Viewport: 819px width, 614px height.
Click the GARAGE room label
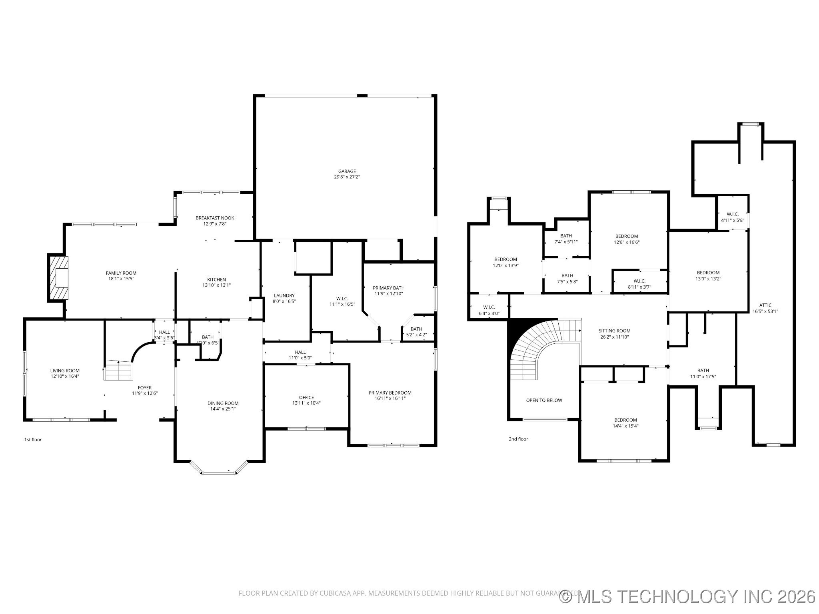[347, 171]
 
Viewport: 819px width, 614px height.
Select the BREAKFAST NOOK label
[215, 218]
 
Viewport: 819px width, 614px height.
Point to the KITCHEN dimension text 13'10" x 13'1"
[216, 285]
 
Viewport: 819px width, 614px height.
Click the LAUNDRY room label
[284, 296]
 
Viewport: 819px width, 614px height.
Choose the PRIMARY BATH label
[389, 288]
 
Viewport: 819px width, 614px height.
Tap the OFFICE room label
[306, 397]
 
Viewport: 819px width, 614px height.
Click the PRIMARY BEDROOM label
[390, 393]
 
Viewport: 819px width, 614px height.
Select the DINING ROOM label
[223, 403]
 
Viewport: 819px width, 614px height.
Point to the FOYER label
[145, 387]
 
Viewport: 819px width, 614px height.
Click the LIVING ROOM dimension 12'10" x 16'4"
[65, 376]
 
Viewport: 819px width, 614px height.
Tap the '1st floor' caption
[33, 440]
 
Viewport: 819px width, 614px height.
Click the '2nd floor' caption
[518, 439]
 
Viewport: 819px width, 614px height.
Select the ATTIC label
[765, 305]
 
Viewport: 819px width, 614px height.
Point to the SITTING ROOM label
[614, 331]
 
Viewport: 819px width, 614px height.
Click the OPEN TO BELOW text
[544, 400]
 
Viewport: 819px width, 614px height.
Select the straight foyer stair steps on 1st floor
[118, 371]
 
